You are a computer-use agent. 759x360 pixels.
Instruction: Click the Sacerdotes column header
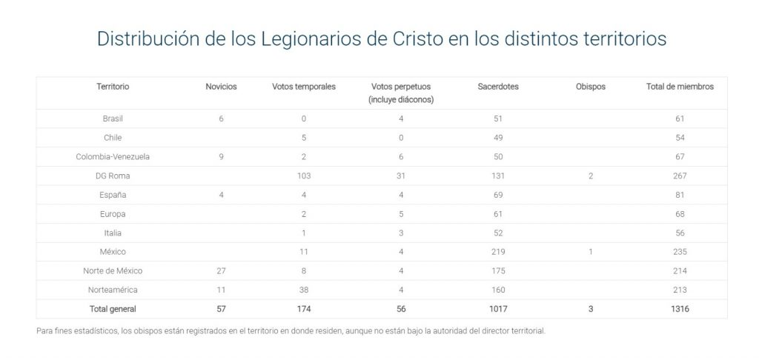pyautogui.click(x=498, y=87)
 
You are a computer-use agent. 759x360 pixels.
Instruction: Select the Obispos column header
pyautogui.click(x=590, y=87)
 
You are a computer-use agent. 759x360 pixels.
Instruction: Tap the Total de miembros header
pyautogui.click(x=680, y=87)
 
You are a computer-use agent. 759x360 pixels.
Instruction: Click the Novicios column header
pyautogui.click(x=221, y=87)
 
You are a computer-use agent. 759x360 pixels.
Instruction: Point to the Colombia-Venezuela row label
pyautogui.click(x=113, y=157)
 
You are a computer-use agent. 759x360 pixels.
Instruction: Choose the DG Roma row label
pyautogui.click(x=113, y=176)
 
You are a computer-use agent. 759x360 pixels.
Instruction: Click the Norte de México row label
pyautogui.click(x=113, y=271)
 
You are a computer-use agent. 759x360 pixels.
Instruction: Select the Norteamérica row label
pyautogui.click(x=113, y=290)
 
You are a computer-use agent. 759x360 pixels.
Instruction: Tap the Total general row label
pyautogui.click(x=113, y=309)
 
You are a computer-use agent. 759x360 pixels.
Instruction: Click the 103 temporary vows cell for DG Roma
pyautogui.click(x=304, y=176)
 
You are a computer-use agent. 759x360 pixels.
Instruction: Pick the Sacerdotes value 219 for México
pyautogui.click(x=498, y=252)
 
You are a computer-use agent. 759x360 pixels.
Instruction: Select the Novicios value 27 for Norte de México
pyautogui.click(x=221, y=271)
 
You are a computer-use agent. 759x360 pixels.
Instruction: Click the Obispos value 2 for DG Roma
pyautogui.click(x=590, y=176)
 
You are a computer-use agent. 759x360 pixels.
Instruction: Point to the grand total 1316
pyautogui.click(x=680, y=309)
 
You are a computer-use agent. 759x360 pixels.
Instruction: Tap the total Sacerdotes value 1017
pyautogui.click(x=498, y=309)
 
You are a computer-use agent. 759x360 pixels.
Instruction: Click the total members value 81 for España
pyautogui.click(x=680, y=195)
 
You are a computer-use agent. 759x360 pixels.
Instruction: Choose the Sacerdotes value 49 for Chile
pyautogui.click(x=498, y=138)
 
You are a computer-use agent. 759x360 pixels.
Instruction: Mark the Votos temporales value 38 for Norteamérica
pyautogui.click(x=304, y=290)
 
